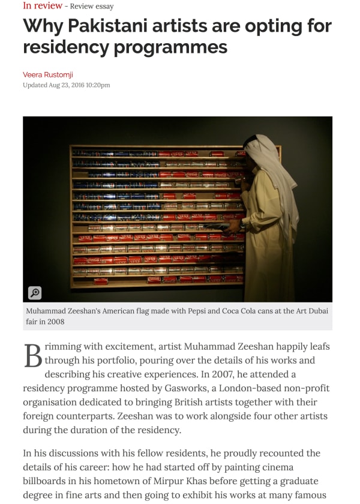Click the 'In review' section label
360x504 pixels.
click(x=42, y=5)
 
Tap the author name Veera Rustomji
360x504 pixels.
click(x=47, y=74)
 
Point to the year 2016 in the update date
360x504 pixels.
click(x=76, y=85)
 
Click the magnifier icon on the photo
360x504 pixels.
click(x=34, y=293)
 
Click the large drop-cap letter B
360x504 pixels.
click(x=32, y=355)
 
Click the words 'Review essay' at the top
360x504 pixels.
click(x=92, y=7)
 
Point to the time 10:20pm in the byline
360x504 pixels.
click(x=98, y=85)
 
